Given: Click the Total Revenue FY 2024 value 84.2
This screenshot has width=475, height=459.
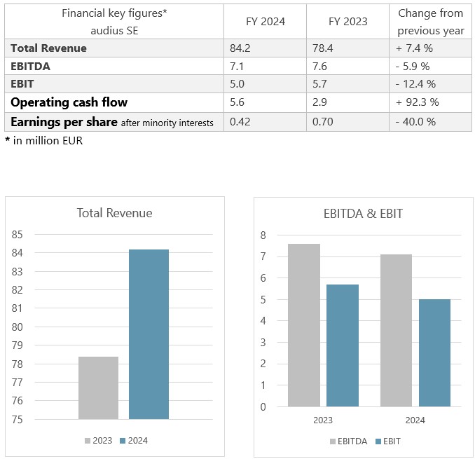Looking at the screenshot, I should pyautogui.click(x=240, y=48).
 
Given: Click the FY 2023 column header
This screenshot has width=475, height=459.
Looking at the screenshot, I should pyautogui.click(x=347, y=21).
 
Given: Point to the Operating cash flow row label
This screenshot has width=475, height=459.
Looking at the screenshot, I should pyautogui.click(x=68, y=102).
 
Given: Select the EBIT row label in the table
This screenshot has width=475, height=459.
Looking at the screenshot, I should pyautogui.click(x=24, y=84).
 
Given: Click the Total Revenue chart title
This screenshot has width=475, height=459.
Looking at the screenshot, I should pyautogui.click(x=115, y=213).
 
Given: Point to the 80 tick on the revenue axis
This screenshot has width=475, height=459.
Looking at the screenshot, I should pyautogui.click(x=18, y=327).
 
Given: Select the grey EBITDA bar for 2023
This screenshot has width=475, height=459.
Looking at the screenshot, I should pyautogui.click(x=303, y=325).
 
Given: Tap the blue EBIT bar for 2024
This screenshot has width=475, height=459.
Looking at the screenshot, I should pyautogui.click(x=434, y=352).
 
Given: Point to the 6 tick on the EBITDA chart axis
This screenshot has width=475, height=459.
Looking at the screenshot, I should pyautogui.click(x=263, y=278).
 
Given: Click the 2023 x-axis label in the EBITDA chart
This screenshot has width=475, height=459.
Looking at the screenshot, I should pyautogui.click(x=322, y=420).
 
